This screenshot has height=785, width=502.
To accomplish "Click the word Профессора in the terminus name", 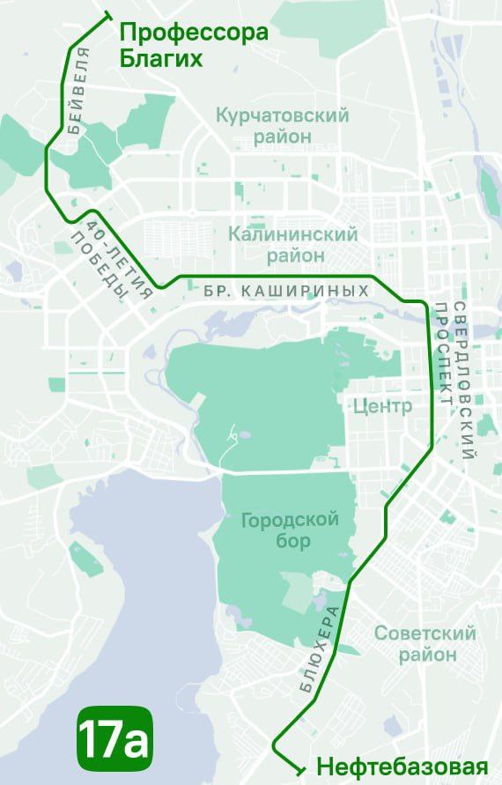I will pyautogui.click(x=193, y=33).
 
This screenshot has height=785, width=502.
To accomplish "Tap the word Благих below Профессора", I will pyautogui.click(x=161, y=60).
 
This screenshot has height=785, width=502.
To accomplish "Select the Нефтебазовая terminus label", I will pyautogui.click(x=402, y=766).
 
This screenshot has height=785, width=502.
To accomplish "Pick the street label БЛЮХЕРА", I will pyautogui.click(x=320, y=653).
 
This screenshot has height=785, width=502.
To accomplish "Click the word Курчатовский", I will pyautogui.click(x=282, y=115).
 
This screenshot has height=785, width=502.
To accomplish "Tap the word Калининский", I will pyautogui.click(x=292, y=234).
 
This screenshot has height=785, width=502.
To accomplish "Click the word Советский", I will pyautogui.click(x=424, y=633).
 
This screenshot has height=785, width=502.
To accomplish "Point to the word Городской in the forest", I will pyautogui.click(x=290, y=520).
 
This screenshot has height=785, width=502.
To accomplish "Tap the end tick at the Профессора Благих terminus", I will pyautogui.click(x=107, y=15).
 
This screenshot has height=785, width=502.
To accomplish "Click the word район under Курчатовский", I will pyautogui.click(x=282, y=137).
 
